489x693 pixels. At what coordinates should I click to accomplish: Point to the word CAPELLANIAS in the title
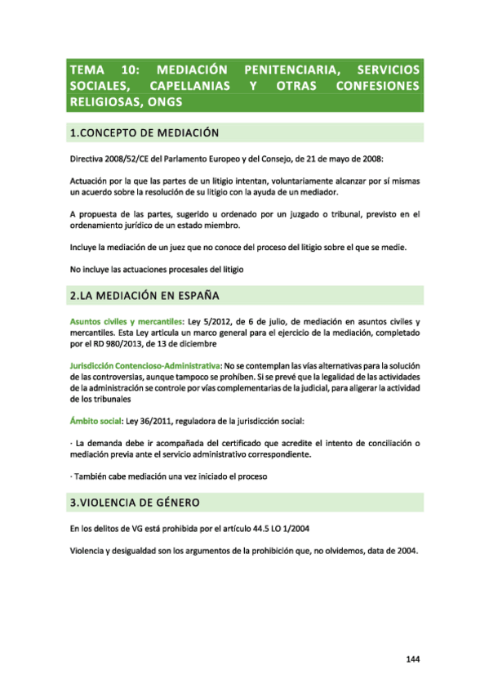pos(188,86)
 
